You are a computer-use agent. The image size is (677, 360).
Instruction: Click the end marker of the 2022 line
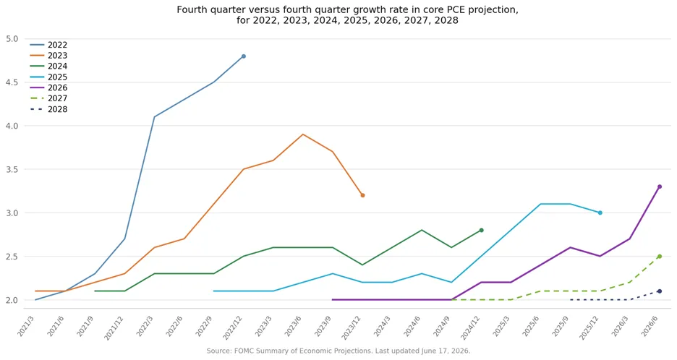pyautogui.click(x=244, y=56)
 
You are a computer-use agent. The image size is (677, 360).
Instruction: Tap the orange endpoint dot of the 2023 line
pyautogui.click(x=362, y=195)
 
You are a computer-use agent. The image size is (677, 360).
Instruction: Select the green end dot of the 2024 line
pyautogui.click(x=482, y=230)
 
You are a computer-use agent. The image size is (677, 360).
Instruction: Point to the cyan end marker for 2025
pyautogui.click(x=600, y=213)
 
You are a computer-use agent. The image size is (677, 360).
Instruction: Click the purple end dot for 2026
pyautogui.click(x=660, y=187)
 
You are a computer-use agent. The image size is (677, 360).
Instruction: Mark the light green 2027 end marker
pyautogui.click(x=660, y=257)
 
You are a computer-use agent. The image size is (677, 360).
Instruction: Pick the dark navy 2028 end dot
pyautogui.click(x=660, y=291)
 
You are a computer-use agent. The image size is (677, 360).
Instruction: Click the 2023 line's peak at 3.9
pyautogui.click(x=303, y=134)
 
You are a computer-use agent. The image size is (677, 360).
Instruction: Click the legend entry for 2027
pyautogui.click(x=48, y=98)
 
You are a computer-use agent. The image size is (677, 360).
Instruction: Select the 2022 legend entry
pyautogui.click(x=48, y=45)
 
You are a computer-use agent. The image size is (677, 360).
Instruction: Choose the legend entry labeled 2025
pyautogui.click(x=48, y=77)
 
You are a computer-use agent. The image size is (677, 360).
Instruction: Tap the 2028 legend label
pyautogui.click(x=57, y=109)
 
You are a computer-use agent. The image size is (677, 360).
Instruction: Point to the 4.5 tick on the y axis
pyautogui.click(x=12, y=82)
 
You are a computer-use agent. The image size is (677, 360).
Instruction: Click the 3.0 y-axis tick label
pyautogui.click(x=12, y=213)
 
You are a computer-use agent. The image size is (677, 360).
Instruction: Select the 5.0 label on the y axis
pyautogui.click(x=12, y=39)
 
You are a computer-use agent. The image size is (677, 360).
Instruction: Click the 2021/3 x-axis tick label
pyautogui.click(x=26, y=325)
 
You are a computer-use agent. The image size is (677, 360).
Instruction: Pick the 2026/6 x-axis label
pyautogui.click(x=650, y=325)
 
